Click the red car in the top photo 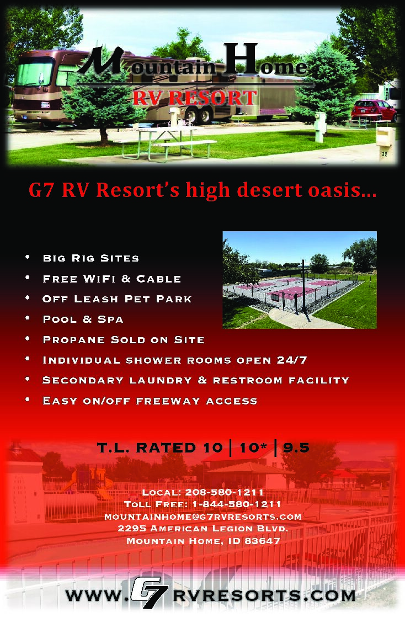pos(374,110)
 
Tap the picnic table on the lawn pos(166,141)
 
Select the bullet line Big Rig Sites pos(90,258)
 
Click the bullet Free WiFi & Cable pos(111,279)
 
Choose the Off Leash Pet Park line pos(117,299)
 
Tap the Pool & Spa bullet pos(83,319)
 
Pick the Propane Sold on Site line pos(124,340)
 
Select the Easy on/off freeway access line pos(150,401)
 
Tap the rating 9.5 pos(296,448)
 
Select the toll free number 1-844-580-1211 pos(237,504)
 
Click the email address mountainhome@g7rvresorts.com pos(202,516)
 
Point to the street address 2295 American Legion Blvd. pos(202,529)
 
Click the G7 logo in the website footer pos(147,595)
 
